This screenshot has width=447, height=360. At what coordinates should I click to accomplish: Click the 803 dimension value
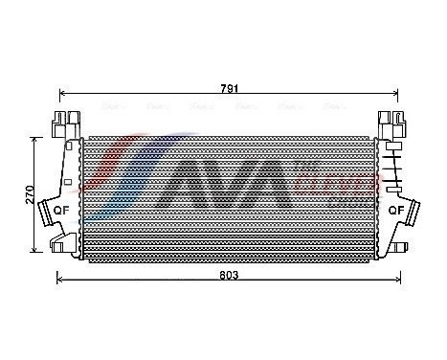(228, 275)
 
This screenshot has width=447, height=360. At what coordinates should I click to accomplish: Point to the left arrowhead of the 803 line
(59, 281)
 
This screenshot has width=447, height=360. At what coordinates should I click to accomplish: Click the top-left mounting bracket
(62, 124)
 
